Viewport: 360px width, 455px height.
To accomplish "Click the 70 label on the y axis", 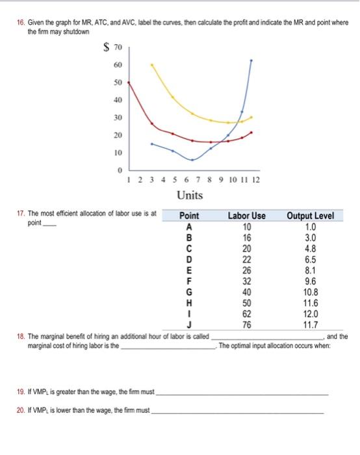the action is click(117, 47).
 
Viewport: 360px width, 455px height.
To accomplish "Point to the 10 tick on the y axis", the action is click(118, 153).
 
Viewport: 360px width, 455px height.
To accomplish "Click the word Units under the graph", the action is click(190, 195).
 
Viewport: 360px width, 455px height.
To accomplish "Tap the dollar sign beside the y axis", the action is click(105, 47).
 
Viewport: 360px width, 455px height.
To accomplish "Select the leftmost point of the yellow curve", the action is click(152, 64).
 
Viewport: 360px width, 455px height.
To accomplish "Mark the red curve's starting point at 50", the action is click(128, 83).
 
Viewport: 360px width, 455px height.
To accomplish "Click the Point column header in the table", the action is click(189, 215).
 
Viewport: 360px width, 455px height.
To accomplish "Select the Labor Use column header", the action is click(246, 215).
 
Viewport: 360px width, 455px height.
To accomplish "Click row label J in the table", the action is click(189, 325).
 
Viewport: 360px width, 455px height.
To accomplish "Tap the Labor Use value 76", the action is click(246, 325).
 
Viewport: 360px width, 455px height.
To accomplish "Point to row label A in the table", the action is click(189, 226).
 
